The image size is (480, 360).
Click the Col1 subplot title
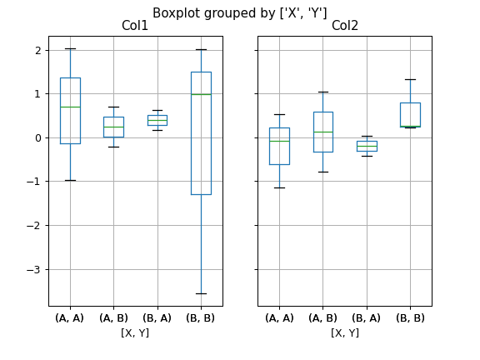135,26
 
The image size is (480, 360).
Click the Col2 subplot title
344,26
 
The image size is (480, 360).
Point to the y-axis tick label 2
37,50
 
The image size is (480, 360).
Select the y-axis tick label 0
37,137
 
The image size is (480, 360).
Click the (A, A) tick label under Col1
70,317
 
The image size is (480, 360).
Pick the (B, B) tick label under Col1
201,317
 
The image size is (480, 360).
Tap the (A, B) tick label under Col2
323,317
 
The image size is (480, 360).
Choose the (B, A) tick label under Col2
367,317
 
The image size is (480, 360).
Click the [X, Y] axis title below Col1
135,332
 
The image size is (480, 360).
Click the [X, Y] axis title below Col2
344,332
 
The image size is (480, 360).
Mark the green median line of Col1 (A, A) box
70,107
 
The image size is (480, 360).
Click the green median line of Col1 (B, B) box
201,94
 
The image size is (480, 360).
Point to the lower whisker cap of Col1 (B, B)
201,293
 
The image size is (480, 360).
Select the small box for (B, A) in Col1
157,120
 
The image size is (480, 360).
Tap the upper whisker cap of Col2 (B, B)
410,79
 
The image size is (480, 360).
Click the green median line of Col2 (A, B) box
323,132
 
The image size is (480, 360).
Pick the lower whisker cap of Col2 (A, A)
279,187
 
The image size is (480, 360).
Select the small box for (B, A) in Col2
367,146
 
